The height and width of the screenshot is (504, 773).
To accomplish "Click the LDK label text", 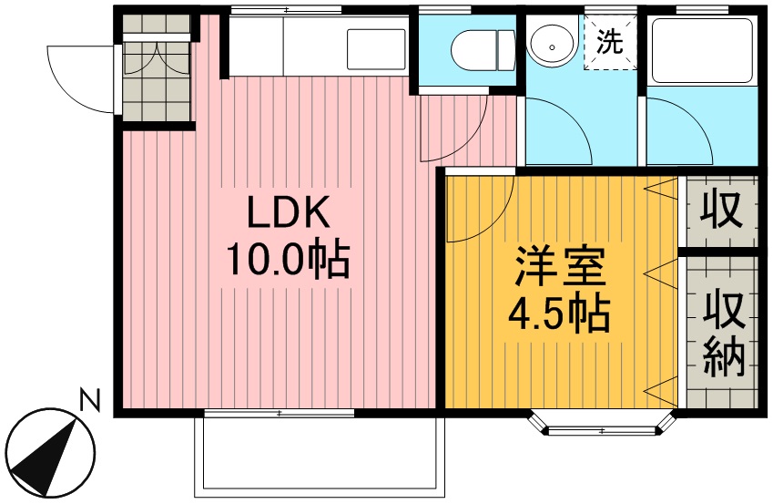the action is click(289, 212).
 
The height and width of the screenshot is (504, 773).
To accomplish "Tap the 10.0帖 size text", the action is click(288, 260).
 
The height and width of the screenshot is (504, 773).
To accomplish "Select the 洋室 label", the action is click(560, 268).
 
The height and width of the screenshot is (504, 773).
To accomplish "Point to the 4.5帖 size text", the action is click(559, 314).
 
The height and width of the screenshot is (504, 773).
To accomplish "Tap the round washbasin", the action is click(552, 46).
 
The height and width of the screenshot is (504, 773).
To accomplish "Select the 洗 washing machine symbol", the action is click(610, 42).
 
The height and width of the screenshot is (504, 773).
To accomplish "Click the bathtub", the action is click(702, 50).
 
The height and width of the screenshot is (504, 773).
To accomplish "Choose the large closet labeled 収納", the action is click(722, 332).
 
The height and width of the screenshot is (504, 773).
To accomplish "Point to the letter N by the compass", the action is click(90, 400).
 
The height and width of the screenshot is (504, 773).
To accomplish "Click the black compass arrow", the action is click(46, 454).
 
